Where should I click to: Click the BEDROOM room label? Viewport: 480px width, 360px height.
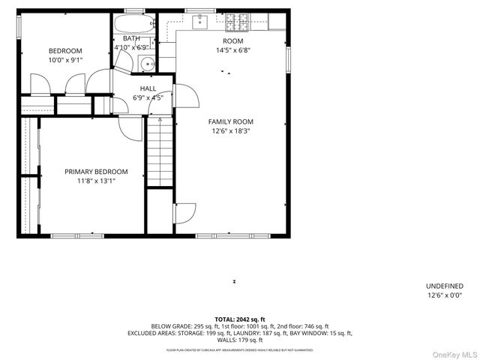click(65, 50)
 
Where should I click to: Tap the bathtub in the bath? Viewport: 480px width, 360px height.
click(134, 23)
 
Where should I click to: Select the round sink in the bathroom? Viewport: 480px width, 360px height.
click(148, 63)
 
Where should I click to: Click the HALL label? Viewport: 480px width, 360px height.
click(148, 88)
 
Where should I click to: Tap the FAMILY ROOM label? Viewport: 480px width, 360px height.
click(231, 121)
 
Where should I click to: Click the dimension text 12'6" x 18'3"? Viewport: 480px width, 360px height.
click(231, 130)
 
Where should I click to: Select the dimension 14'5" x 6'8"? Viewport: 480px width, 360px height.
click(233, 50)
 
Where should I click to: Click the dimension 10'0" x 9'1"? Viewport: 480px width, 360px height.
click(65, 60)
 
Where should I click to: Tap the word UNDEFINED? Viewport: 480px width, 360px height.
click(444, 286)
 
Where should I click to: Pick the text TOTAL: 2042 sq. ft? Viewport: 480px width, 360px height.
click(240, 319)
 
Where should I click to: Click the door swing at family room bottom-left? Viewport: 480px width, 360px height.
click(185, 212)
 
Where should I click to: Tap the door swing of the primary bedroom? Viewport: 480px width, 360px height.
click(131, 128)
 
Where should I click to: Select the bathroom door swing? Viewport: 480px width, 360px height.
click(124, 61)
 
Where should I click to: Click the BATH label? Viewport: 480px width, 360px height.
click(131, 38)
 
